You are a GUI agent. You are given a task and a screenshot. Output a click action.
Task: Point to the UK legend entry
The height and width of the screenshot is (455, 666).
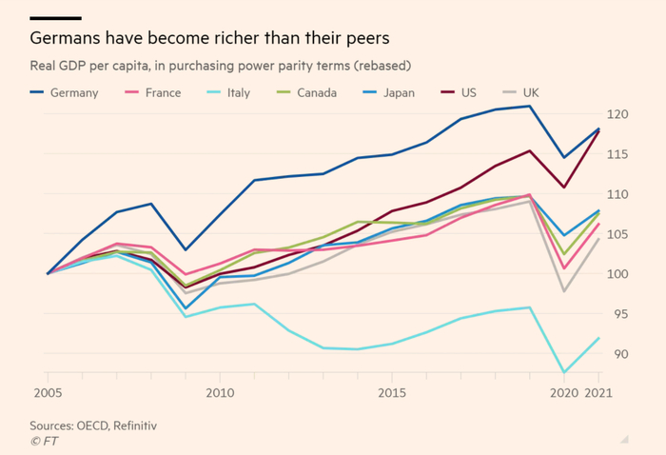[x=538, y=93]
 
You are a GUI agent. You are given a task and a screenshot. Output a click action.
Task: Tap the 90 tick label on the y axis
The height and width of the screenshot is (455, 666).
[x=618, y=354]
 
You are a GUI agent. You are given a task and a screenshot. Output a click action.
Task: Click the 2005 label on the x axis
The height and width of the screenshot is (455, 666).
[x=47, y=392]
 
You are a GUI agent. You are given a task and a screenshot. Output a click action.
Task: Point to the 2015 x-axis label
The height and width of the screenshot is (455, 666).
[x=392, y=392]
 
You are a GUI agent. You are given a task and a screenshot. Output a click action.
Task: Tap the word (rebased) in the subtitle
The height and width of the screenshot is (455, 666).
[x=392, y=66]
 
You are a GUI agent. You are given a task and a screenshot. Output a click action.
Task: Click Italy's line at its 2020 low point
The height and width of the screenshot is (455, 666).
[x=565, y=372]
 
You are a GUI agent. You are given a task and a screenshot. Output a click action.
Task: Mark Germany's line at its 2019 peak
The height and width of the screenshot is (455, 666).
[x=530, y=106]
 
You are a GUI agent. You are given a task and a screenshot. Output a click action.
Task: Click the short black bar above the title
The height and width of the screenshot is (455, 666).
[x=55, y=18]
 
